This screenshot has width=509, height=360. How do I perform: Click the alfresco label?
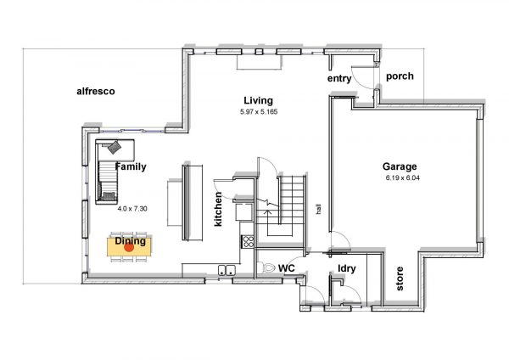click(96, 92)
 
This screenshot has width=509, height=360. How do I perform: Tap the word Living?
click(259, 101)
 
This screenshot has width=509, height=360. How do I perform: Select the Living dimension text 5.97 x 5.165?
click(259, 112)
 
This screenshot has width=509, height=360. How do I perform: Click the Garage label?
click(400, 166)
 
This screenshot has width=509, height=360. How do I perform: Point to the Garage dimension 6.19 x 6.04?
click(402, 178)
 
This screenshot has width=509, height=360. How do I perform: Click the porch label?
click(400, 76)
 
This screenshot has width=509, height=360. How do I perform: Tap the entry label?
click(339, 79)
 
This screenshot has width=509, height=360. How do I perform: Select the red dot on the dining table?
click(129, 247)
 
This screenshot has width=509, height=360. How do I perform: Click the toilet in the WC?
click(266, 267)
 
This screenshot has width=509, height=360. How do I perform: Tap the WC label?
click(287, 268)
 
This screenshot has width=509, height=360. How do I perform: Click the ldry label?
click(347, 268)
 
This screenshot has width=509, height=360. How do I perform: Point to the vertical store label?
click(400, 278)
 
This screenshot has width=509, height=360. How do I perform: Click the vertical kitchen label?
click(218, 209)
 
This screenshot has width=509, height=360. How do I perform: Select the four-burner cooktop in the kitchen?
click(249, 242)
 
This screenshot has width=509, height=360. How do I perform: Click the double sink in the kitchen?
click(227, 270)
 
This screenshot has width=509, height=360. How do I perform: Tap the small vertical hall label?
click(319, 209)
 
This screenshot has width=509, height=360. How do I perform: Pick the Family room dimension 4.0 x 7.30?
click(132, 209)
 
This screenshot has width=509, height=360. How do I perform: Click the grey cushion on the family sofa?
click(115, 147)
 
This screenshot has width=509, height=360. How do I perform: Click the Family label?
click(131, 166)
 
